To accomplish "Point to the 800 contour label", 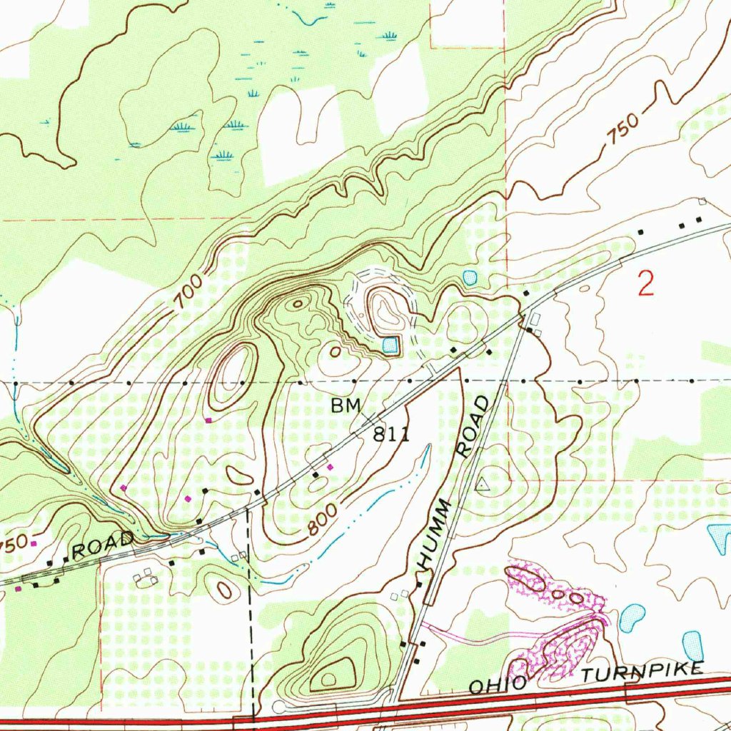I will pos(323,520).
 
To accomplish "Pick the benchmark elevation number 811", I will pos(391,434).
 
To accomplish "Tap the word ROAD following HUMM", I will pos(473,426).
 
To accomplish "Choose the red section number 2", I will pos(645,285).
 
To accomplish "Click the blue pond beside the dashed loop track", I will pos(389,346).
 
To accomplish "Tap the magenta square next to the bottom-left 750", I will pos(33,544).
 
